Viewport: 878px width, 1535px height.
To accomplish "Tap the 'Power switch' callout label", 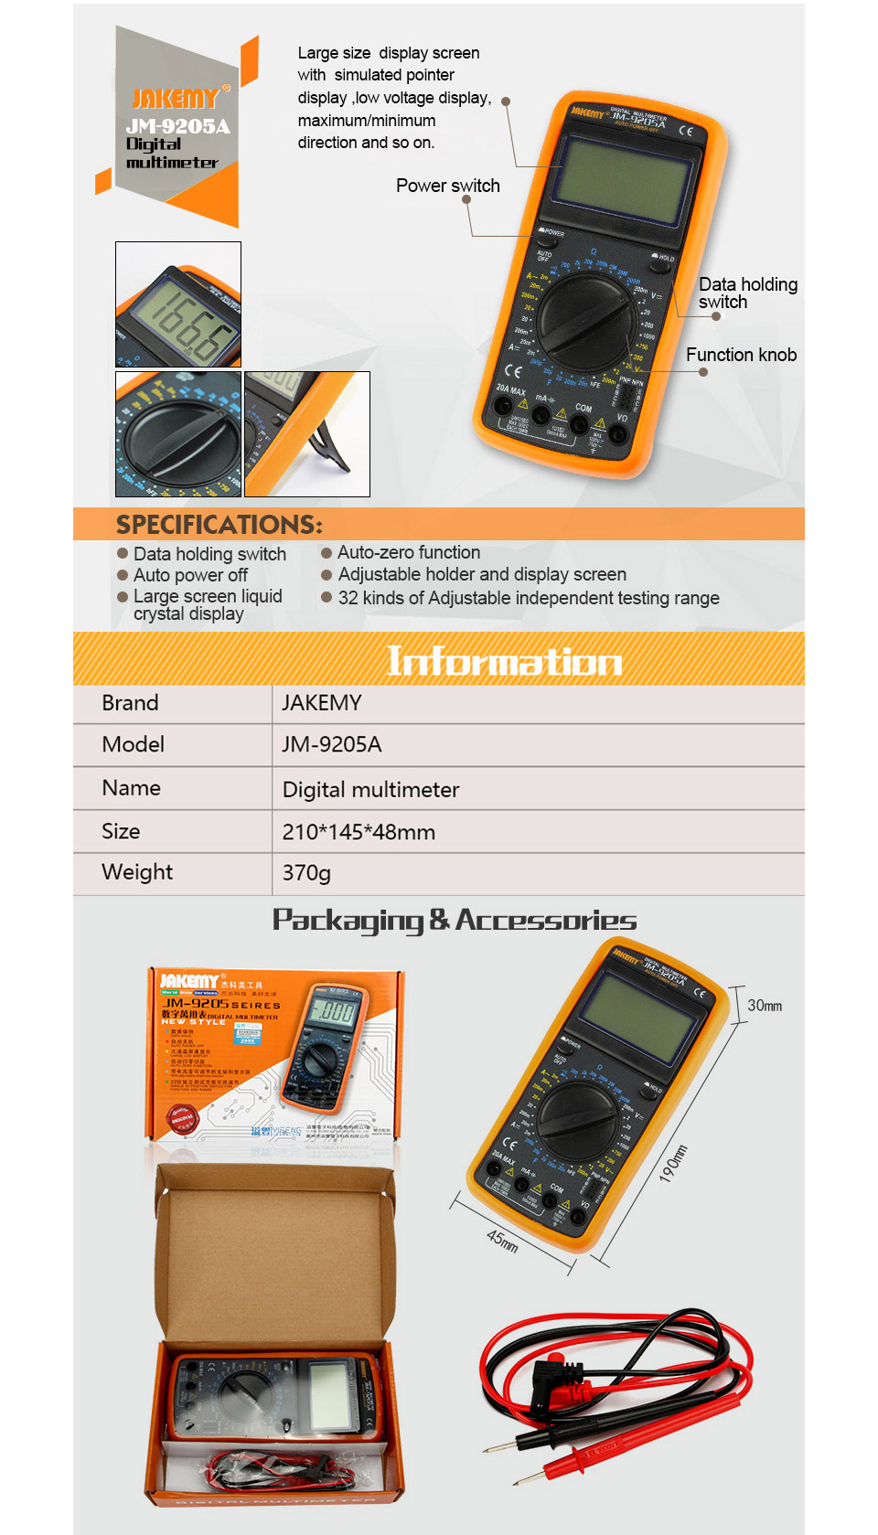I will pos(447,186).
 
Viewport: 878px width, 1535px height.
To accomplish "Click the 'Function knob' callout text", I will pos(741,355).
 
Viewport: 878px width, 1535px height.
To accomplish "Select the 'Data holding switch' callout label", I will pos(746,293).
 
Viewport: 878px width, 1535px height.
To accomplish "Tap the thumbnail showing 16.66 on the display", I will pos(178,304).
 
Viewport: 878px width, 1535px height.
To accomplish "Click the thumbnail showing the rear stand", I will pos(307,434).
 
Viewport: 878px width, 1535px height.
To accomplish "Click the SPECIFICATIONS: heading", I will pos(219,525).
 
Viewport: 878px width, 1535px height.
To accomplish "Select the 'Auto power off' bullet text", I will pos(190,575).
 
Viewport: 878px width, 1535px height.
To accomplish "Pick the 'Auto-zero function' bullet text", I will pos(408,552).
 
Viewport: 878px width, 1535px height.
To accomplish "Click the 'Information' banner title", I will pos(504,660).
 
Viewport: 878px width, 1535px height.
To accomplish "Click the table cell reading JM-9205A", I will pos(331,744).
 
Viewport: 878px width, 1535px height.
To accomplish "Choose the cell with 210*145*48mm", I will pos(359,832).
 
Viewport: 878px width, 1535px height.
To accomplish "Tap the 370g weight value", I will pos(306,872).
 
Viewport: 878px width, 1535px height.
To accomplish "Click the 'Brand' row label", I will pos(130,703).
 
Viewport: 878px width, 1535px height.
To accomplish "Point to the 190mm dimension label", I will pos(673,1163).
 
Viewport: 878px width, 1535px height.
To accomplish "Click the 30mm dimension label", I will pos(765,1006).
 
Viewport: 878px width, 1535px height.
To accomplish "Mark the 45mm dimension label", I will pos(502,1241).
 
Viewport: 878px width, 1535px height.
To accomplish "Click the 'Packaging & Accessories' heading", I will pos(455,920).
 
